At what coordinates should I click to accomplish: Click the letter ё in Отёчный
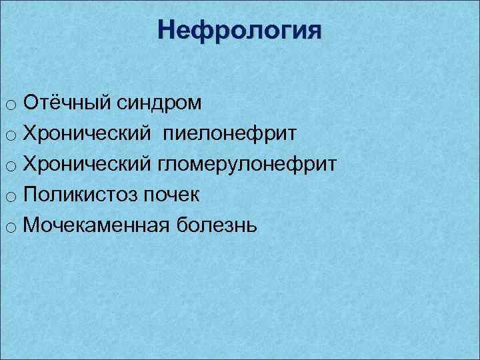[49, 103]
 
